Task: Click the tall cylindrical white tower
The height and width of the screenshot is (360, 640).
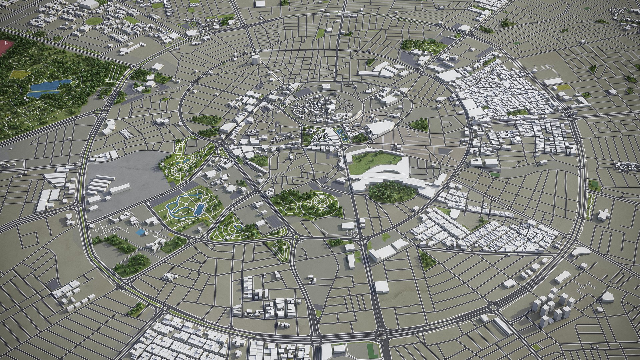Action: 255,59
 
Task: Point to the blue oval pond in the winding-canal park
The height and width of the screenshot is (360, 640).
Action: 199,209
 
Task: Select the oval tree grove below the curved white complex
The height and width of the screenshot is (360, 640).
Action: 391,193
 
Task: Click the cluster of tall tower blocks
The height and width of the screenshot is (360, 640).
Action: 550,308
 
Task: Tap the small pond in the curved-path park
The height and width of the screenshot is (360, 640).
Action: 238,227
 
